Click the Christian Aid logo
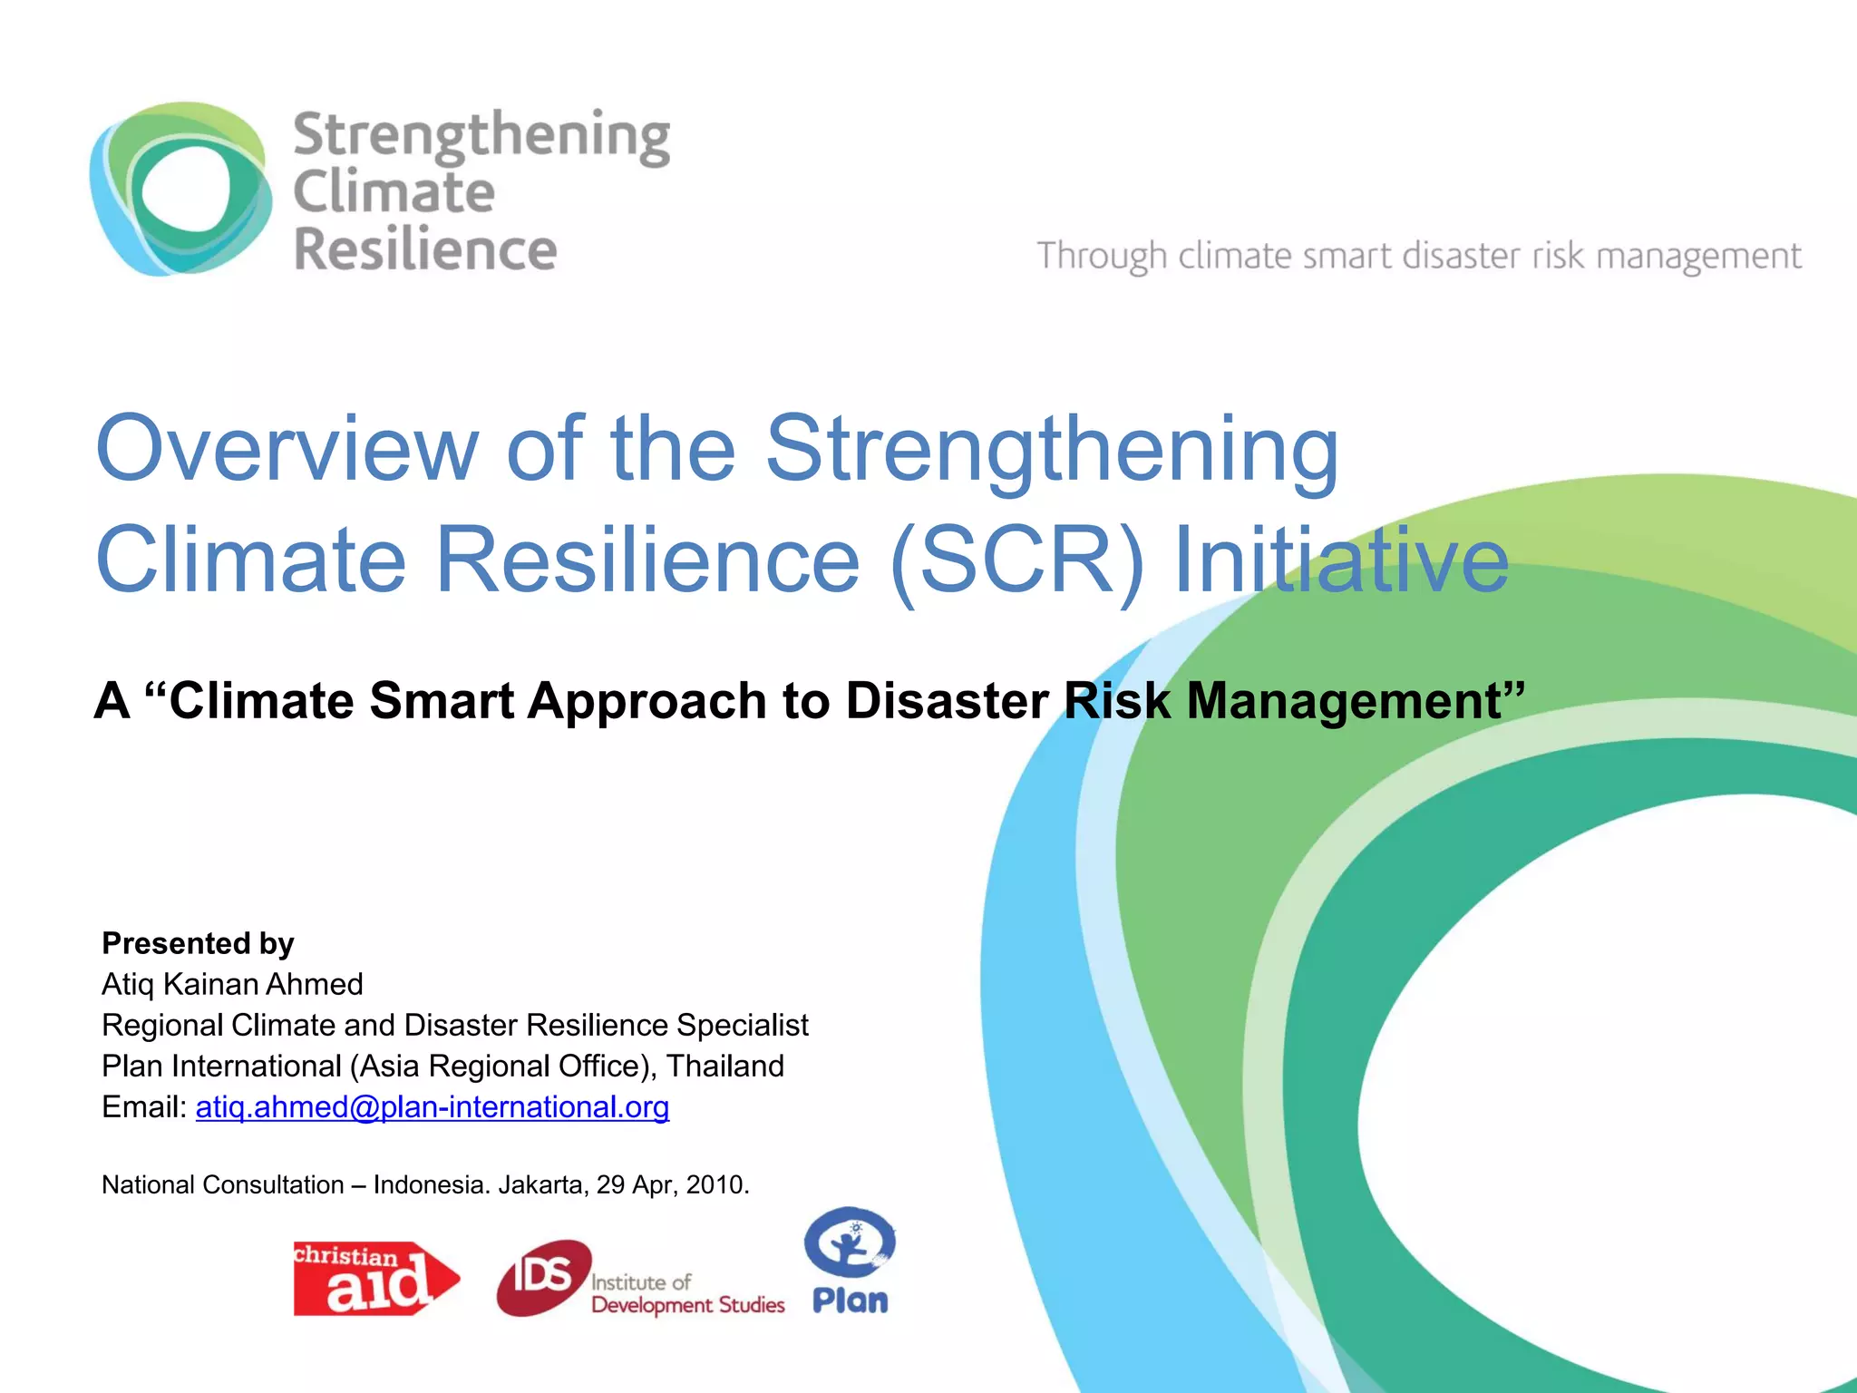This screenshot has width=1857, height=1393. click(x=375, y=1278)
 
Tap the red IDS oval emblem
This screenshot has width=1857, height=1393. click(x=543, y=1277)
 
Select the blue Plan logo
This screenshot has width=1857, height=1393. click(x=850, y=1261)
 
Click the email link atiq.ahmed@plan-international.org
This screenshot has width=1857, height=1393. click(x=433, y=1107)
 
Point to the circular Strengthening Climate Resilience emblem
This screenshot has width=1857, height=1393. click(x=180, y=189)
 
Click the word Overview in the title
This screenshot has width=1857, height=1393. click(x=287, y=449)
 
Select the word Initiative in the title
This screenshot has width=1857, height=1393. click(x=1341, y=560)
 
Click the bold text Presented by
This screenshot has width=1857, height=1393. click(x=198, y=943)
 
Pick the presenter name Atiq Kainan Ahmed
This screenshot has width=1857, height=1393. click(x=232, y=984)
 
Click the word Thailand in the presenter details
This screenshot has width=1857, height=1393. click(x=725, y=1066)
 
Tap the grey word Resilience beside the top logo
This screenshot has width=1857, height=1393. click(x=425, y=250)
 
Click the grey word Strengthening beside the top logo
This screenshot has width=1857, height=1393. click(x=481, y=136)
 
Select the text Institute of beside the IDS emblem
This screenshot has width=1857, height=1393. click(x=641, y=1282)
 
